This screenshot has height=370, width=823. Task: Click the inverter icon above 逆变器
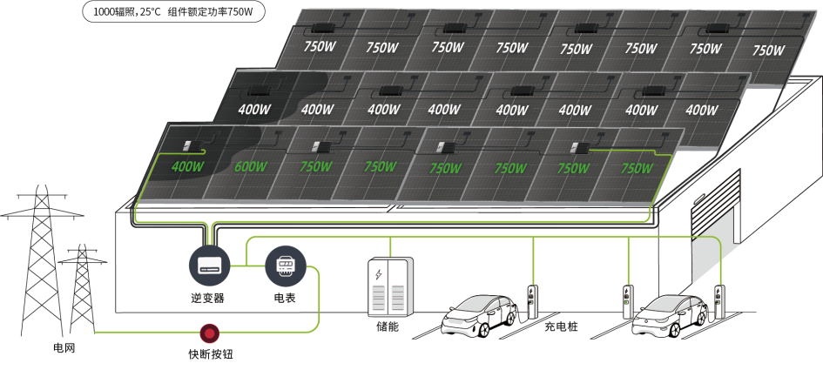209,266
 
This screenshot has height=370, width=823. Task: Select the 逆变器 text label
209,298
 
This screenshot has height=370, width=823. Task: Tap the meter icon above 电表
285,266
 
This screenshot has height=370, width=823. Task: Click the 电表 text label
285,298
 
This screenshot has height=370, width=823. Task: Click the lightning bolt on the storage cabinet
378,275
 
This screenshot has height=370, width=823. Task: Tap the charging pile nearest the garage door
719,301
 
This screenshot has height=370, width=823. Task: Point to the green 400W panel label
187,166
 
